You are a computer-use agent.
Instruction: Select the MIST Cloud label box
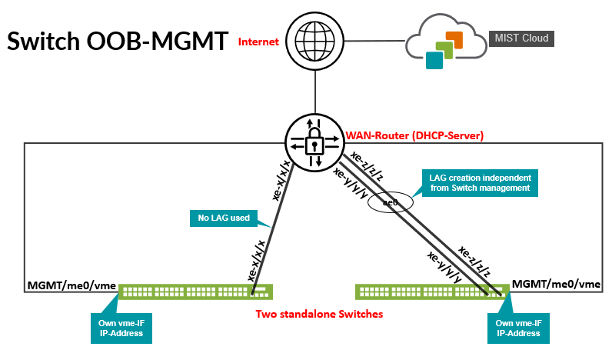click(521, 37)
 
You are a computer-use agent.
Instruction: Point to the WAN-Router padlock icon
click(314, 142)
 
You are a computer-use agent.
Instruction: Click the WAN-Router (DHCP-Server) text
click(414, 136)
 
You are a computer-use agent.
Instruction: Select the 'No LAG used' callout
click(223, 218)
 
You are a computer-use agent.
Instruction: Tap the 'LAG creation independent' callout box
click(481, 182)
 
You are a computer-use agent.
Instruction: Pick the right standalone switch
click(431, 292)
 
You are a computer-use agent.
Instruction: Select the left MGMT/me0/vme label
click(71, 286)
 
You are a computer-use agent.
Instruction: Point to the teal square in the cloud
click(435, 60)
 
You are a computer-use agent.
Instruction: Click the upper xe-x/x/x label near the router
click(282, 180)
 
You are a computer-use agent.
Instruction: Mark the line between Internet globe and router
click(314, 88)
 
